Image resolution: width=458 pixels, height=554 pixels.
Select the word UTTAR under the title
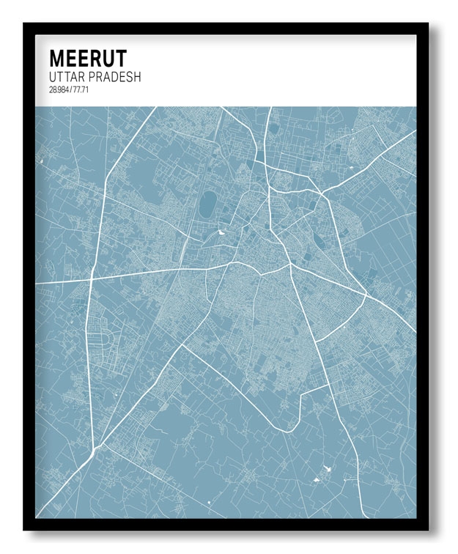(x=68, y=77)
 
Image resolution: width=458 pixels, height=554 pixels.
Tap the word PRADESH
(x=116, y=77)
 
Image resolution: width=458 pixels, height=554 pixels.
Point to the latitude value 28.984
(x=60, y=89)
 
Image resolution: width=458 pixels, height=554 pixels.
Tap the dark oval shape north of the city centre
(x=208, y=203)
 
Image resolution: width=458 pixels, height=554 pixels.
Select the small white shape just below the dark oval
(x=221, y=234)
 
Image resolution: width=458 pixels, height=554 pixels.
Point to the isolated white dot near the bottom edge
(x=209, y=502)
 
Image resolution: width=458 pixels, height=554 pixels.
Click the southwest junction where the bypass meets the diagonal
(x=94, y=448)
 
